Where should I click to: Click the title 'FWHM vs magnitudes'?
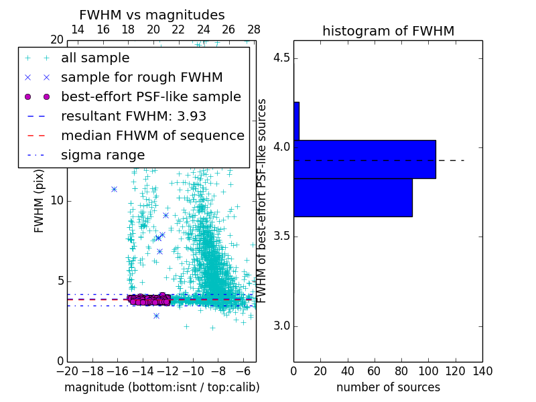click(152, 15)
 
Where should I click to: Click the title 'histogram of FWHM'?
click(388, 31)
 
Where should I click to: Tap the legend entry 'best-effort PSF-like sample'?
click(151, 96)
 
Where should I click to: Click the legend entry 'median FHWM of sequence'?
click(152, 135)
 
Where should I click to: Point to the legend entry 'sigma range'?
click(103, 155)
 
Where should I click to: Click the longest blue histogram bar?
click(364, 159)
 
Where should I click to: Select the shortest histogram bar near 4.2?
click(296, 121)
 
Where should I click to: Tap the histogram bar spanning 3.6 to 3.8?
click(352, 197)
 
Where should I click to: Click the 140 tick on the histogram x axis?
click(482, 371)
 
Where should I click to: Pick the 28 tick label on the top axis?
click(253, 29)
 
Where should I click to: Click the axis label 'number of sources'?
click(388, 387)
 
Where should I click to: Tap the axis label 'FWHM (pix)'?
click(40, 201)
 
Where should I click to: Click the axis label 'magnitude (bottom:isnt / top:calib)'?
click(161, 387)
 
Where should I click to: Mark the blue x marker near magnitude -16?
click(115, 189)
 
